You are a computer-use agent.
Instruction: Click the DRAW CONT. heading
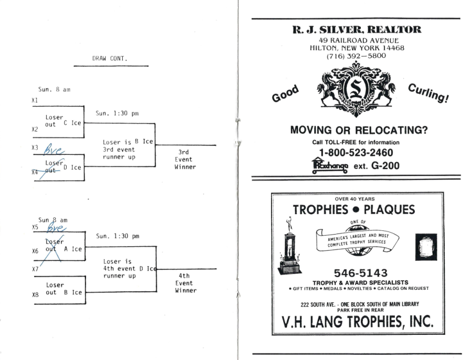[110, 59]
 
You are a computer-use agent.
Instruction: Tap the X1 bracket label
[35, 100]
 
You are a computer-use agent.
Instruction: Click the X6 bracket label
[35, 251]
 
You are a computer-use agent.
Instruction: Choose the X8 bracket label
[35, 294]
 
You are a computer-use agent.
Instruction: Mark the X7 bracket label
[35, 269]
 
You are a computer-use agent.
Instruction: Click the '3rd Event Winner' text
[185, 159]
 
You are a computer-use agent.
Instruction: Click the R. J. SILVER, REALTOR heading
[356, 30]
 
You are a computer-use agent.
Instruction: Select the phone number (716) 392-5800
[356, 56]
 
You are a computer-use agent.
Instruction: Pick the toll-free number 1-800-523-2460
[356, 153]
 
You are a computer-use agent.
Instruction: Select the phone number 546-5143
[360, 273]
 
